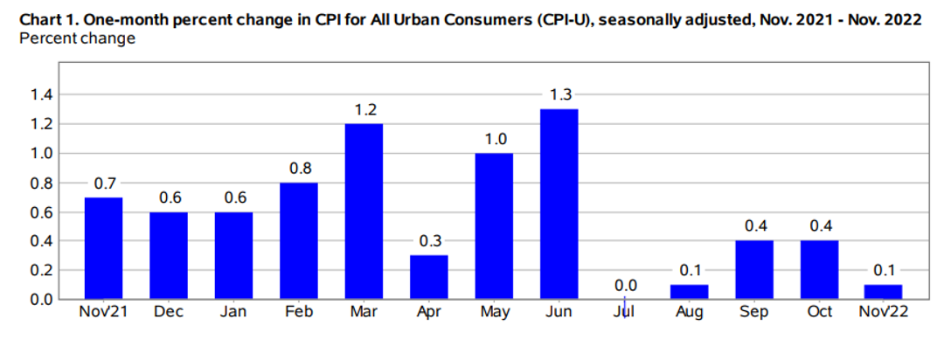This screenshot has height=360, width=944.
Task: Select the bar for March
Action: (x=364, y=211)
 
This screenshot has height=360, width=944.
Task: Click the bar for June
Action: (x=559, y=204)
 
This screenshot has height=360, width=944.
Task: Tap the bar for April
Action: (x=429, y=277)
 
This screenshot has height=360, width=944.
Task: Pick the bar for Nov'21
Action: (x=103, y=248)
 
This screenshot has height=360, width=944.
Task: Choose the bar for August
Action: (x=690, y=292)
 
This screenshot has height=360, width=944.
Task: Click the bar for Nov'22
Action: (x=883, y=292)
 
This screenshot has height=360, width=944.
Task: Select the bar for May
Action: (x=494, y=226)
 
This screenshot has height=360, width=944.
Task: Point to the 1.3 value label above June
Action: (x=559, y=94)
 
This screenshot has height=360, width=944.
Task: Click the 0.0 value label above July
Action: (x=624, y=285)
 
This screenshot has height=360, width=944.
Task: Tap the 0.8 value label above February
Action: (x=299, y=168)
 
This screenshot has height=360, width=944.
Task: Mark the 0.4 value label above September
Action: (x=754, y=226)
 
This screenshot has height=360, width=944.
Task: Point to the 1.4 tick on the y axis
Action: (x=42, y=94)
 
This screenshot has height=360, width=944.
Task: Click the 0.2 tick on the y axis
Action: (x=42, y=270)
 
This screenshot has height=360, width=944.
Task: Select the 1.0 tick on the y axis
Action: (x=42, y=153)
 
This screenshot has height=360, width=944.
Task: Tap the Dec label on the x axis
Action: (x=169, y=313)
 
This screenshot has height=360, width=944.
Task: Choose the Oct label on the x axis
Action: (x=819, y=313)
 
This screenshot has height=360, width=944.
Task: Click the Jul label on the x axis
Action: (x=624, y=313)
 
